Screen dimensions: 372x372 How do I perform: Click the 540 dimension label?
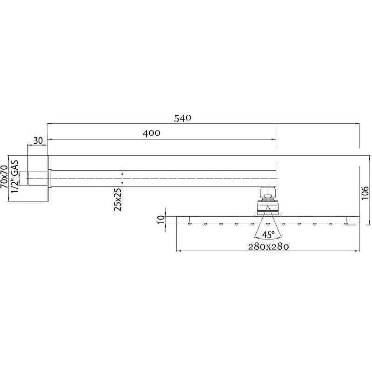tap(182, 118)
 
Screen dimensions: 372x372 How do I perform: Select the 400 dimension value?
tap(152, 133)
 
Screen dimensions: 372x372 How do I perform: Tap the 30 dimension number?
tap(38, 140)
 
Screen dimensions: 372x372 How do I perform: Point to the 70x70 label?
tap(4, 177)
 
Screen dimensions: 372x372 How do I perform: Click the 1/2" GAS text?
tap(15, 177)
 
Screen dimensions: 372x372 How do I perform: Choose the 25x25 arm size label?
tap(118, 199)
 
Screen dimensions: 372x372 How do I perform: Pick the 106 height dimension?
tap(365, 193)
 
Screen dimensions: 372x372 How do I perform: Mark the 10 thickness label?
tap(160, 219)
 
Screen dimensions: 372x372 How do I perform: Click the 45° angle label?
tap(268, 235)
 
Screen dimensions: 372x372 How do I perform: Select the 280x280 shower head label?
tap(268, 247)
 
